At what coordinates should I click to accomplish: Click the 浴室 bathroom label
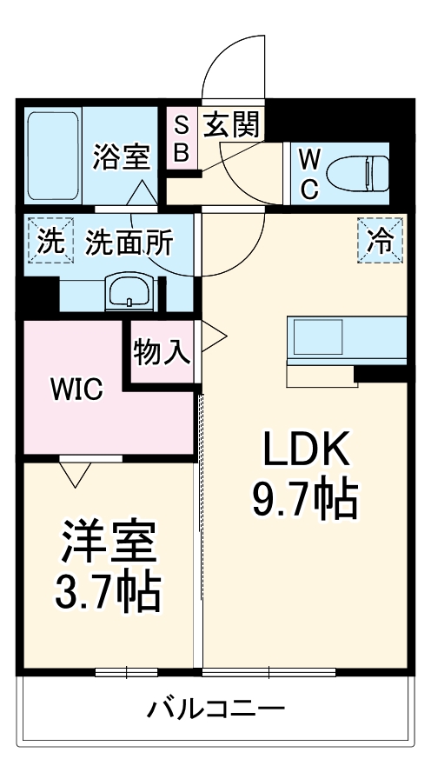point(122,156)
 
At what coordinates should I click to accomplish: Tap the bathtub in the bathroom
point(53,153)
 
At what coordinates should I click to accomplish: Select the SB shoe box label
point(182,139)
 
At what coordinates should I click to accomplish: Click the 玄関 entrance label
point(231,127)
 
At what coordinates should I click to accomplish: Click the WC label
point(310,173)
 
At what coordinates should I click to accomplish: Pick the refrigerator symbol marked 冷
point(381,239)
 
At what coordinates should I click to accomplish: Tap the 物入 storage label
point(162,353)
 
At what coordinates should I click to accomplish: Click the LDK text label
point(306,450)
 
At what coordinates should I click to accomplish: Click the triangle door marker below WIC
point(76,473)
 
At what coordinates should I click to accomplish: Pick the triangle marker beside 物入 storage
point(213,334)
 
